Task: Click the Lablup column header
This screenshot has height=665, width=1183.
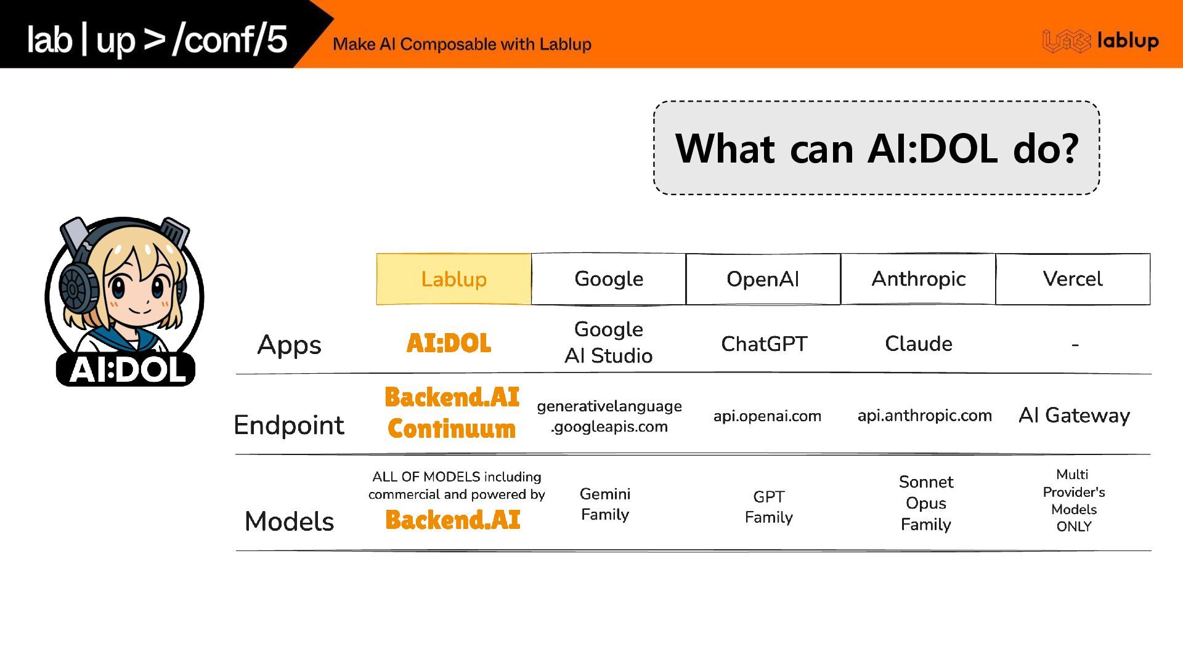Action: click(x=453, y=279)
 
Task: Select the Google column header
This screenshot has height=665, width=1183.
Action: click(x=608, y=279)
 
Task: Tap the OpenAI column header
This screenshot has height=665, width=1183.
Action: click(x=763, y=279)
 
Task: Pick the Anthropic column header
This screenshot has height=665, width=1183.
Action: click(x=918, y=279)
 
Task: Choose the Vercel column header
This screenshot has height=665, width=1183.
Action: click(x=1073, y=279)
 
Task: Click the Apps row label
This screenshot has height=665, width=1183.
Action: click(x=289, y=345)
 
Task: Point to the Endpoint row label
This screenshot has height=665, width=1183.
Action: click(x=289, y=425)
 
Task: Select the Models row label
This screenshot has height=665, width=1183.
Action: click(x=289, y=521)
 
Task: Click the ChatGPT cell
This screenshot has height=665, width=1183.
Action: click(x=764, y=344)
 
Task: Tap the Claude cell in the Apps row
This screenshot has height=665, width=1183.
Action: click(x=918, y=344)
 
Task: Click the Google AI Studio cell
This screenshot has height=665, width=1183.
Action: click(x=608, y=342)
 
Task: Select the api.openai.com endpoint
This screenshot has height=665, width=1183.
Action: click(x=767, y=416)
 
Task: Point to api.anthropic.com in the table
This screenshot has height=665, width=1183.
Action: click(x=924, y=416)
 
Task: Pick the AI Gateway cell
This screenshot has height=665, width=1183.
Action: click(x=1074, y=416)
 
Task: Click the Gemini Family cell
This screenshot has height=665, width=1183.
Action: click(x=605, y=504)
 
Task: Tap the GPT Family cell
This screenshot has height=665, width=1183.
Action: click(x=768, y=507)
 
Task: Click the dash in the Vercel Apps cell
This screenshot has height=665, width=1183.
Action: click(x=1075, y=345)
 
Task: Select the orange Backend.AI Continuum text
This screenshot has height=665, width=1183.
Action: click(x=452, y=413)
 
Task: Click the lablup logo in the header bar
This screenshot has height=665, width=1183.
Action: click(x=1100, y=41)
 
